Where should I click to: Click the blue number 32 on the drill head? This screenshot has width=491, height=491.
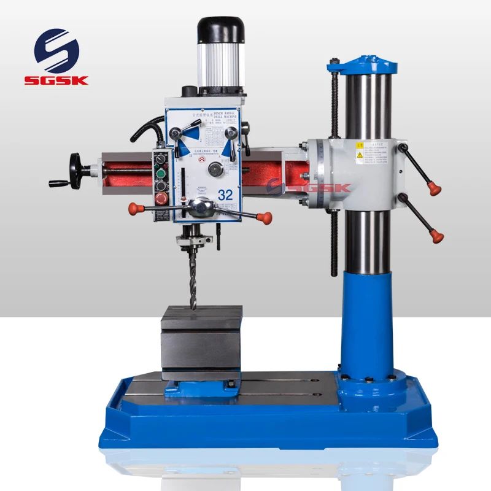225,195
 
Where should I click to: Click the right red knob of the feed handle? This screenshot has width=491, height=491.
265,217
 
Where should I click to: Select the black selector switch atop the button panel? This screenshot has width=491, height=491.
161,160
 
